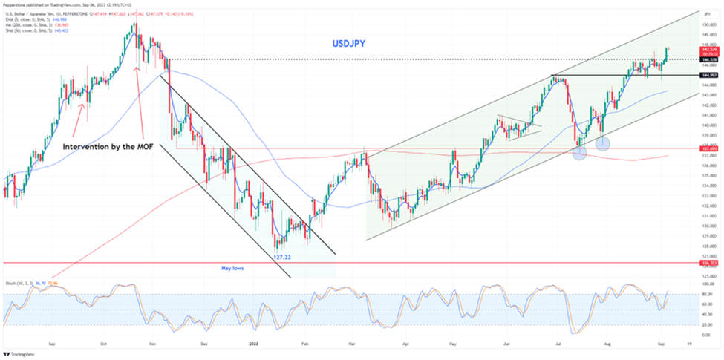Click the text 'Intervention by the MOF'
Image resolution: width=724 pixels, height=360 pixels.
pos(108,145)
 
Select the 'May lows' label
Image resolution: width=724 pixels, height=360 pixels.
pos(232,268)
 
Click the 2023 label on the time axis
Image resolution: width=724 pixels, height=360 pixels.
pos(254,344)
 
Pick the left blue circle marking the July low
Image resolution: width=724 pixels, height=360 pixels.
pos(579,152)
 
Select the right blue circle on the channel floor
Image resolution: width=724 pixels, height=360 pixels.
pos(603,143)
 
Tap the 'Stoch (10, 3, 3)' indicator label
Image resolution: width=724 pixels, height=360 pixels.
pos(19,284)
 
